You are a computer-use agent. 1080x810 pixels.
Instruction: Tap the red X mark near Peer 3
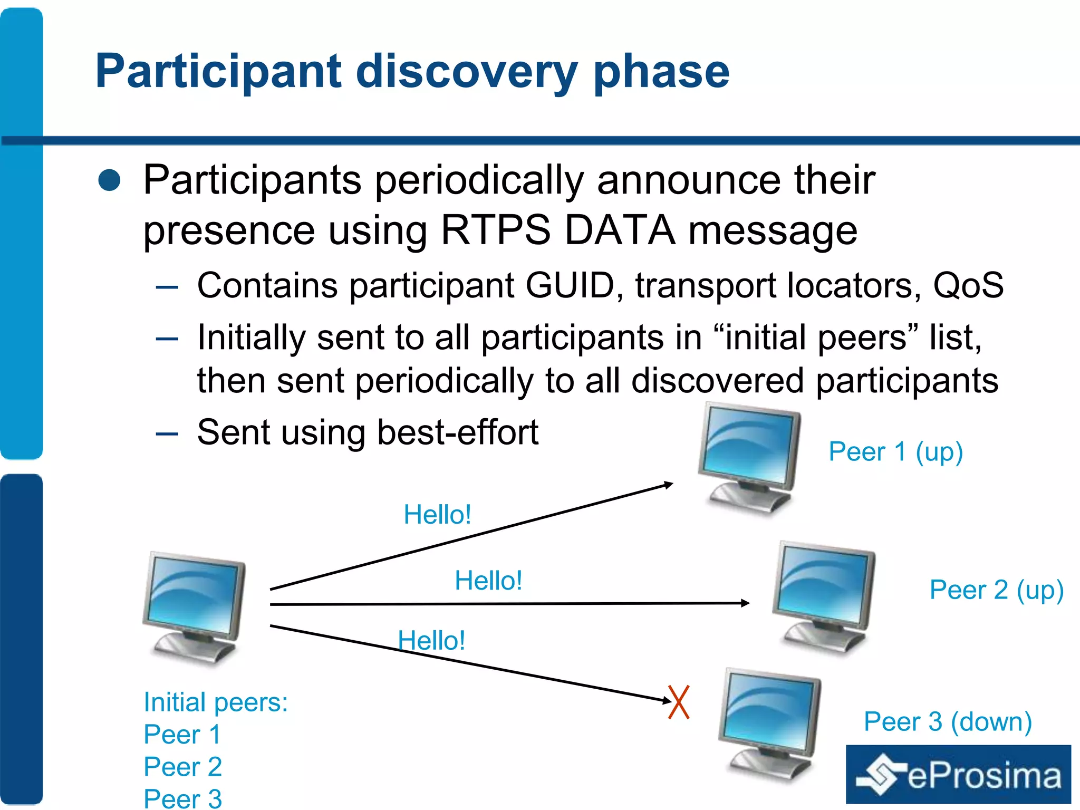[x=679, y=702]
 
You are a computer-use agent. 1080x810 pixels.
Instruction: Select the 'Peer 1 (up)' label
[x=895, y=452]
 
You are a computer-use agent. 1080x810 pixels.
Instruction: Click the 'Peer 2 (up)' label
[x=996, y=590]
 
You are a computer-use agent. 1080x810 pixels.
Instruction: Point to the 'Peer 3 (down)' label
[x=947, y=721]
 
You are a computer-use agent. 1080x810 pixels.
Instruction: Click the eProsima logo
[x=958, y=774]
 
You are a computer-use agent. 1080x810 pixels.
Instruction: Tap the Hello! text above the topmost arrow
[x=437, y=514]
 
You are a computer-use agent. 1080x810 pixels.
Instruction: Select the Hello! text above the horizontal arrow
[x=488, y=581]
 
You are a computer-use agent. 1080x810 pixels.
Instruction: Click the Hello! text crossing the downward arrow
[x=431, y=641]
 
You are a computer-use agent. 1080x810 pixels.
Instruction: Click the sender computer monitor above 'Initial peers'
[x=195, y=606]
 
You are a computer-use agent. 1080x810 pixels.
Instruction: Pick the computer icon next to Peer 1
[x=749, y=456]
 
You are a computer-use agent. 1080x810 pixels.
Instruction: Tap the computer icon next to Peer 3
[x=770, y=722]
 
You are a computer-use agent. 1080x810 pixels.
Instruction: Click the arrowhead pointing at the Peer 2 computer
[x=745, y=603]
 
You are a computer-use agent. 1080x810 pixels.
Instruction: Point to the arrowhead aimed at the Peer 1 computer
[x=669, y=484]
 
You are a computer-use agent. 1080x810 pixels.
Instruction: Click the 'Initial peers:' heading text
[x=216, y=702]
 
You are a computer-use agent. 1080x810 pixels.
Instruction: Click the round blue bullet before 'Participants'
[x=110, y=180]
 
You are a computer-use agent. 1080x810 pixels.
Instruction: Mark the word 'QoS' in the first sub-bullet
[x=968, y=286]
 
